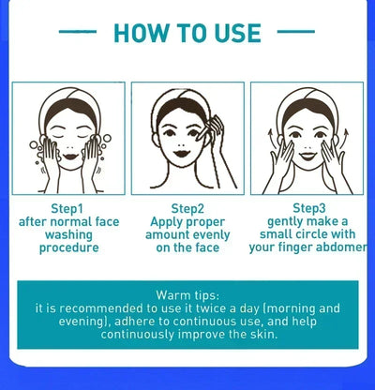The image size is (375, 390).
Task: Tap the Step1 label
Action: click(67, 207)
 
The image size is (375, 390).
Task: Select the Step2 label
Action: click(187, 207)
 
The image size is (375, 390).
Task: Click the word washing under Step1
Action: click(67, 235)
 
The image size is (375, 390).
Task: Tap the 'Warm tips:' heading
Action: click(187, 293)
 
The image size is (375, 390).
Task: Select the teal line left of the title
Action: click(78, 32)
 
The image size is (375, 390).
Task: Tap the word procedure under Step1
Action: click(67, 248)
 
